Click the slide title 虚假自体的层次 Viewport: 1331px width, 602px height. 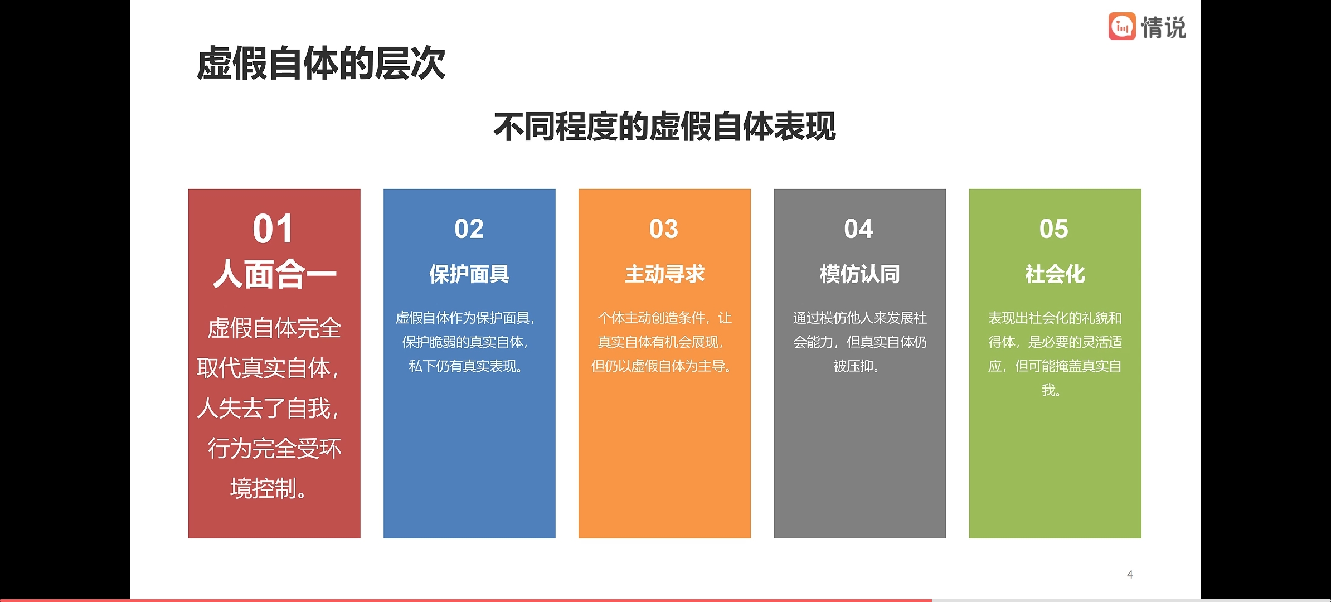321,64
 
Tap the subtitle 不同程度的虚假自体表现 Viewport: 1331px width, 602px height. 664,127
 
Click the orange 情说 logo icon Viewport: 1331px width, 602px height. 1122,26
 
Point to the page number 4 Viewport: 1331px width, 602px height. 1130,574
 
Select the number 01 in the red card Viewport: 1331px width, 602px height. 273,229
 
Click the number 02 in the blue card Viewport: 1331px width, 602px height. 469,229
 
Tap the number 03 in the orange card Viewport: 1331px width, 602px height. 664,229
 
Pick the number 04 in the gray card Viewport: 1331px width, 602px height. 859,229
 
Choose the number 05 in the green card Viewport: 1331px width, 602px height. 1054,229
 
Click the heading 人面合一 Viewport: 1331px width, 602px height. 274,274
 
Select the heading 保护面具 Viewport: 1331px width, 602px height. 469,274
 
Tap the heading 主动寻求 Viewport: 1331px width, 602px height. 664,274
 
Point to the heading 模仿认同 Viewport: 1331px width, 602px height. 859,274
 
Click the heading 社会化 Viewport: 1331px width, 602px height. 1055,274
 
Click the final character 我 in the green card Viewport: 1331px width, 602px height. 1048,390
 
